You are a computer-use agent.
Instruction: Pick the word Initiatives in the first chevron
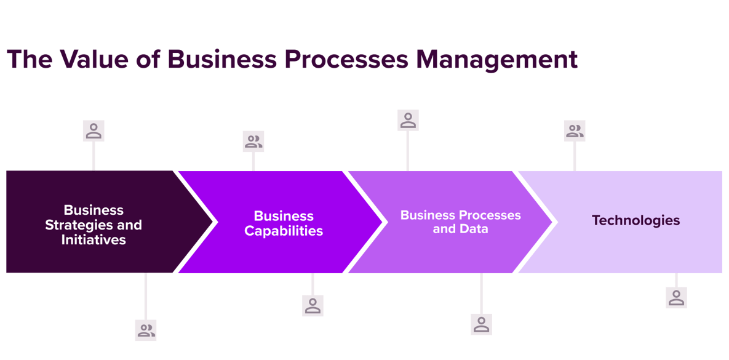click(94, 240)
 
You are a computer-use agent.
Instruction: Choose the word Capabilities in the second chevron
click(284, 231)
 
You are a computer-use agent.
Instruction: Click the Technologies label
click(636, 220)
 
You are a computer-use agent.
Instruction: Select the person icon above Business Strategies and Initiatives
click(94, 130)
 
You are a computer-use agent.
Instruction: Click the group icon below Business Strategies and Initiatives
click(146, 330)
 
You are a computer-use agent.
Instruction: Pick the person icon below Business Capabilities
click(313, 305)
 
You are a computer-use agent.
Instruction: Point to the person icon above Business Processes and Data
click(408, 121)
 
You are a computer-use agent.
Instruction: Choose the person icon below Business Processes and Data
click(481, 324)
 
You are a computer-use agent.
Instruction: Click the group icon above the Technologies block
click(575, 130)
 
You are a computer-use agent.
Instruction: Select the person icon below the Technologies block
click(676, 298)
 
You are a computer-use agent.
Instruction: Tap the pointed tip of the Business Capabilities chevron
click(381, 222)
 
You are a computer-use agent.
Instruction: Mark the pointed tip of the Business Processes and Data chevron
click(552, 222)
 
